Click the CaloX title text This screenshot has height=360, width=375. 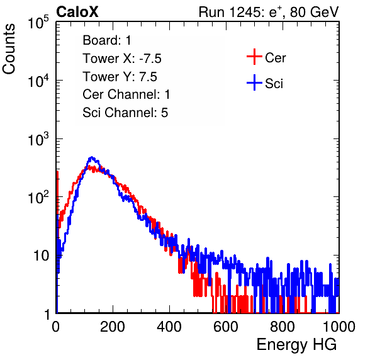click(77, 12)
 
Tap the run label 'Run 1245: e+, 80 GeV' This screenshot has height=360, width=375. click(269, 12)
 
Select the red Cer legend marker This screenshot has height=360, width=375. click(254, 57)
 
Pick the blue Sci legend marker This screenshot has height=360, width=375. click(254, 83)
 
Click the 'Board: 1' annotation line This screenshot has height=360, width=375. click(107, 40)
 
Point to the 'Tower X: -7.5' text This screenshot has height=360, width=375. click(122, 59)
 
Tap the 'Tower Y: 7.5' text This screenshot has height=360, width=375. click(120, 77)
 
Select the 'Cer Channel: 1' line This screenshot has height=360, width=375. click(126, 94)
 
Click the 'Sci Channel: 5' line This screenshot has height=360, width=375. click(125, 113)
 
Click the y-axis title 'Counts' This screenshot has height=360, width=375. click(9, 49)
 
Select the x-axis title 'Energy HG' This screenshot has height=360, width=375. click(296, 345)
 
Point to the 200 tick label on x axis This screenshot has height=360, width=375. click(113, 327)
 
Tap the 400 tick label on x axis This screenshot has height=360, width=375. click(169, 327)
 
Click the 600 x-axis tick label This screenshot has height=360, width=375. click(226, 327)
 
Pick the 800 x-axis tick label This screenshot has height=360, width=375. click(283, 327)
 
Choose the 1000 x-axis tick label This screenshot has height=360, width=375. click(339, 327)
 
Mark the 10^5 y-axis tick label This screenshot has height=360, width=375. click(38, 22)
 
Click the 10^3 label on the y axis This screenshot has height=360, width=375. click(38, 139)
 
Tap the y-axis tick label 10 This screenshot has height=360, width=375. click(41, 256)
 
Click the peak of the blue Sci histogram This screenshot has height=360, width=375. click(92, 157)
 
